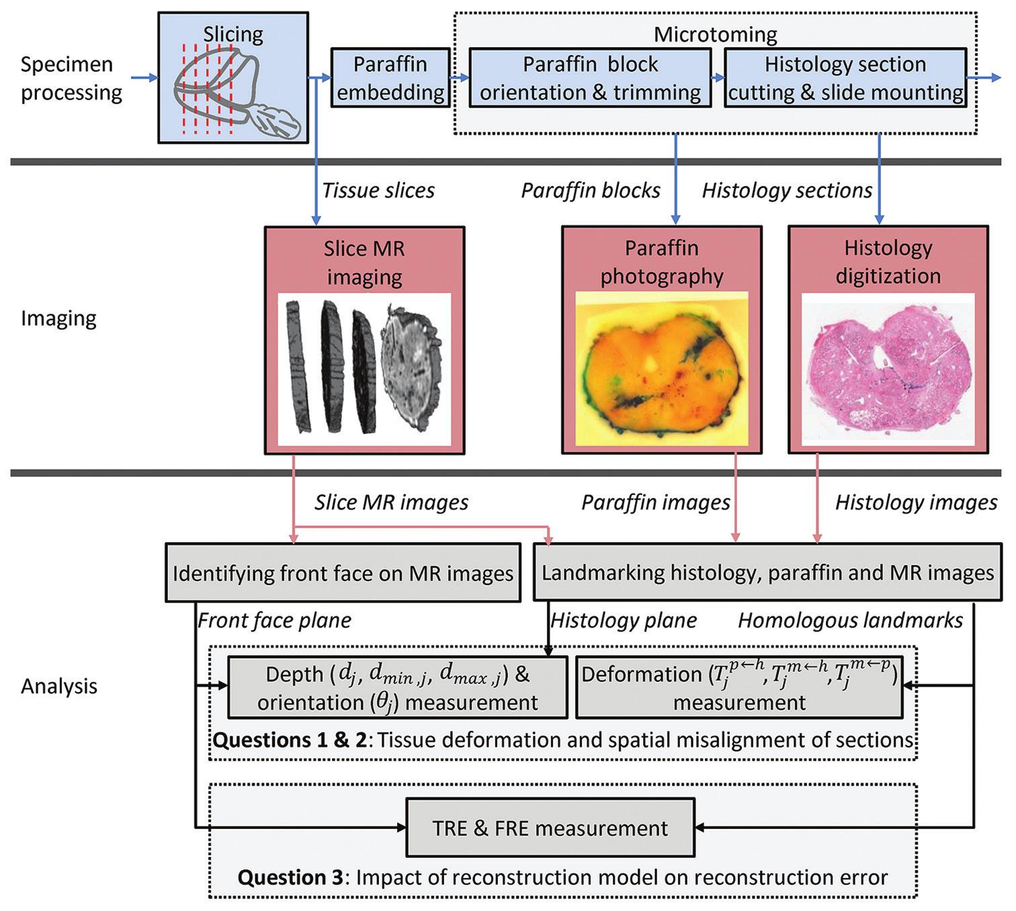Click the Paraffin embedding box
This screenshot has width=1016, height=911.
click(390, 78)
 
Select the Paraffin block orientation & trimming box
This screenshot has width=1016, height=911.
click(590, 78)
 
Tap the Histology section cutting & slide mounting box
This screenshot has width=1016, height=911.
click(845, 78)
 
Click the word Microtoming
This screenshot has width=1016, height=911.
click(716, 34)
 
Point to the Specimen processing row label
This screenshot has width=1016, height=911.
click(71, 78)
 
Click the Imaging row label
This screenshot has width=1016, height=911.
click(58, 318)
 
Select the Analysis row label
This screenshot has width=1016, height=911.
click(59, 686)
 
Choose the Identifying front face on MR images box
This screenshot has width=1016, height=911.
click(343, 573)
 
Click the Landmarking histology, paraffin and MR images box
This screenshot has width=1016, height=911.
click(767, 573)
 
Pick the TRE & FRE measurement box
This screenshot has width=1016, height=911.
click(550, 828)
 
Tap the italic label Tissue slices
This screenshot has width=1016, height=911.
click(378, 191)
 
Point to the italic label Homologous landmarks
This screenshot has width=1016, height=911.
click(851, 620)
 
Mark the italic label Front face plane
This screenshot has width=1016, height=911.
click(274, 620)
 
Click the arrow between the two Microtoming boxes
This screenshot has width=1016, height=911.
click(717, 78)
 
